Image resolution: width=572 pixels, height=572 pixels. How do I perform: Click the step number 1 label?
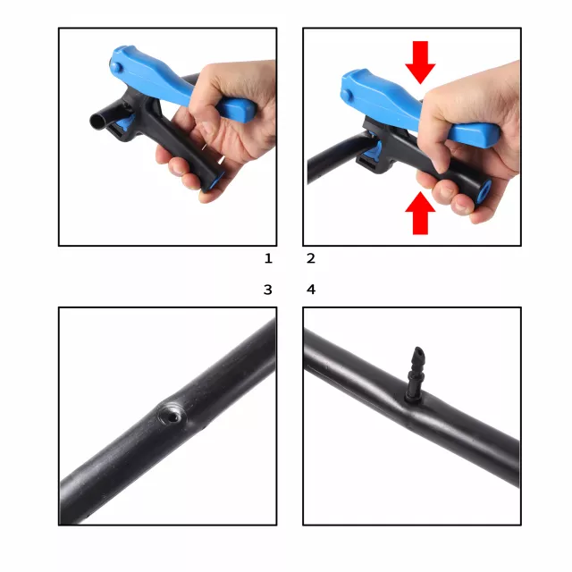pos(268,258)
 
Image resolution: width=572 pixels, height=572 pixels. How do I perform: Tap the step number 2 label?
pos(311,258)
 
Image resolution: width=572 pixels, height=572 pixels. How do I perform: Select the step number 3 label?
pos(268,290)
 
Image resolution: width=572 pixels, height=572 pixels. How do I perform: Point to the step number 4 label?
pos(311,290)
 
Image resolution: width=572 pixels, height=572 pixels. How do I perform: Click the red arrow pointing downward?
pos(420,62)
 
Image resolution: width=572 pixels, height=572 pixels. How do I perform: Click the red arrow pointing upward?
pos(420,214)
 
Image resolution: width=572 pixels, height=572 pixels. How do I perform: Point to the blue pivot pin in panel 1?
pos(116,68)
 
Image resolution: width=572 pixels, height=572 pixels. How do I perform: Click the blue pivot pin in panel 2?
pos(347,95)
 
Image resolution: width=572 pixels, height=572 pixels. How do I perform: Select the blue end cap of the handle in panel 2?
pos(484,190)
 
